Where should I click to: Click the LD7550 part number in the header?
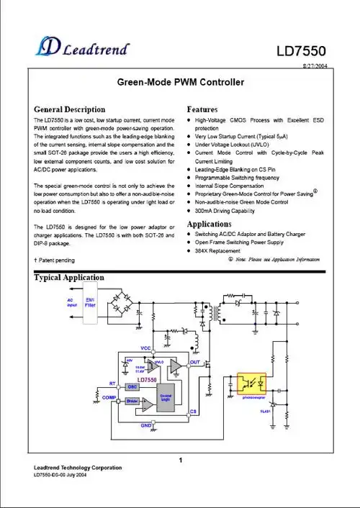[302, 52]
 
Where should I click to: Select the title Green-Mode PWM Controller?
[179, 83]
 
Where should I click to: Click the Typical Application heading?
[69, 278]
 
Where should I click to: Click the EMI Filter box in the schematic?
[91, 303]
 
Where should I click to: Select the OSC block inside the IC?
[132, 386]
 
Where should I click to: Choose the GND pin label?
[146, 426]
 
